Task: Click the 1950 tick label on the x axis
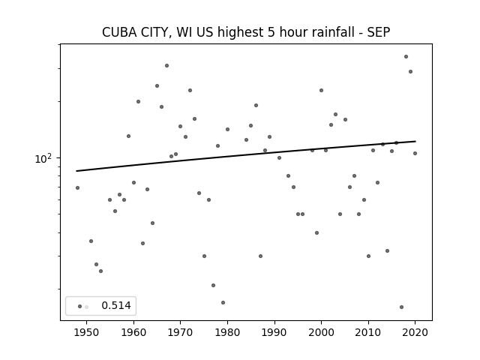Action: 87,332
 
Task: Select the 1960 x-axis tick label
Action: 133,332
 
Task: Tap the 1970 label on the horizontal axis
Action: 180,332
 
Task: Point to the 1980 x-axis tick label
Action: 227,332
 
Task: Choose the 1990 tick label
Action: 274,332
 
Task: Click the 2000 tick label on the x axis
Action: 321,332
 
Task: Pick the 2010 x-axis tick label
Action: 368,332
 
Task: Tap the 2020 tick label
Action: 415,332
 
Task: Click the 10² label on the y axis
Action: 43,159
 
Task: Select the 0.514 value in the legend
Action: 116,305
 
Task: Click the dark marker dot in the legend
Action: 80,307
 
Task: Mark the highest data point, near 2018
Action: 406,57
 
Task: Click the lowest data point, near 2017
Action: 401,307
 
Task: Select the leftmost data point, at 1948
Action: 77,188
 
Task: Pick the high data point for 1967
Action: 166,65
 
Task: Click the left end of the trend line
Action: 76,171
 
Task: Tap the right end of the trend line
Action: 415,141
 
